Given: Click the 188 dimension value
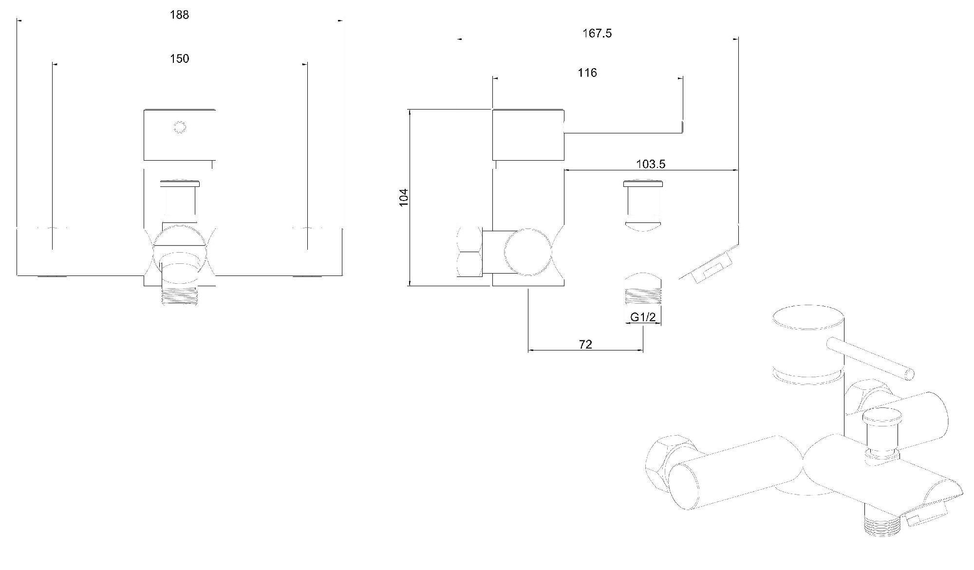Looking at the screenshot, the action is click(179, 15).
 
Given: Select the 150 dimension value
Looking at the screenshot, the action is click(179, 58).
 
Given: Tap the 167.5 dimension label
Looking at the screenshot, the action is click(597, 33).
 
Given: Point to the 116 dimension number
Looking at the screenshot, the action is click(587, 73).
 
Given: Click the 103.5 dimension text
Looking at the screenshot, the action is click(651, 164).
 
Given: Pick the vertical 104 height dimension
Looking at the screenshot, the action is click(404, 197).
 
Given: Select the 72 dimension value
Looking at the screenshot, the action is click(585, 344).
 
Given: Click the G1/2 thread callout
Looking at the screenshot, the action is click(643, 317).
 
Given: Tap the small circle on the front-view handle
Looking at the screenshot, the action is click(180, 128).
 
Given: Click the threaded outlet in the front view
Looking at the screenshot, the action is click(180, 295).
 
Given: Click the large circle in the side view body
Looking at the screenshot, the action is click(528, 252).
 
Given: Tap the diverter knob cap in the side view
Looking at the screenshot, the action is click(643, 184).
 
